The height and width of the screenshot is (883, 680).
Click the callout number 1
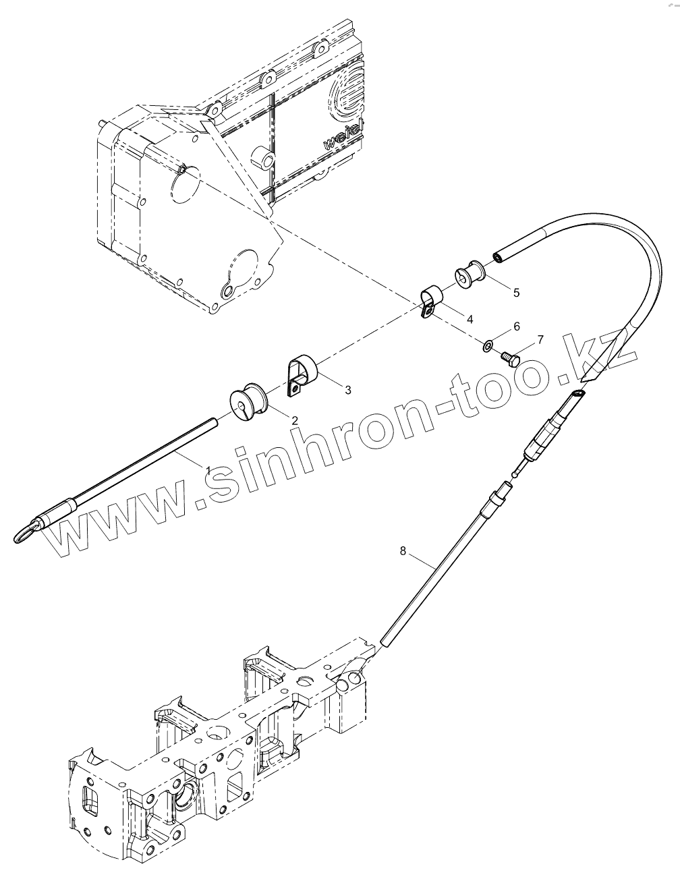coord(208,469)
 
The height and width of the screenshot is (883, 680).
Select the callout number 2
coord(295,419)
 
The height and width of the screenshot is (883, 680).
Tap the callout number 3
coord(347,389)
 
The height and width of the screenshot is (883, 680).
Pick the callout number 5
coord(516,292)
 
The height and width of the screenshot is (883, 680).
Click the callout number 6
coord(517,326)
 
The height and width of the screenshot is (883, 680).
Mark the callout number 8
coord(403,551)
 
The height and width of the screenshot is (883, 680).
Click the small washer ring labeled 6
coord(488,347)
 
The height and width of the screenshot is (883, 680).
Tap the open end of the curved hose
coord(498,256)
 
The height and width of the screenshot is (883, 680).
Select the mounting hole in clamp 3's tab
coord(295,388)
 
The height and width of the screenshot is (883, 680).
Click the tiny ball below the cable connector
coord(515,474)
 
